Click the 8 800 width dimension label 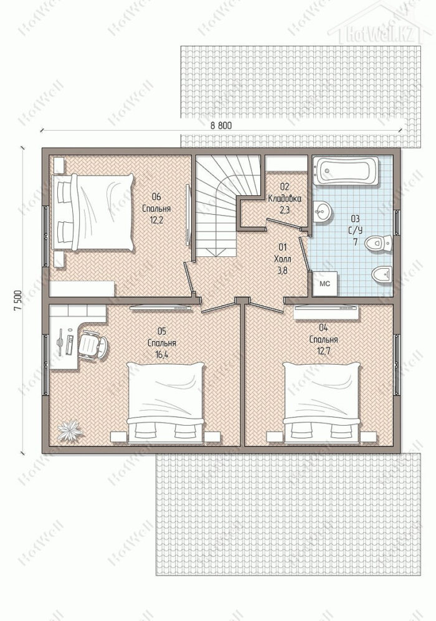coord(220,126)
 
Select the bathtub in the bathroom coord(346,171)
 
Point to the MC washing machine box coord(325,284)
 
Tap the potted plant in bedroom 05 coord(70,431)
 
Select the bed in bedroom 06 coord(94,212)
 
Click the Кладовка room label coord(284,199)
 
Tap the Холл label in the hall coord(282,259)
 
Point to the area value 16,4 coord(162,355)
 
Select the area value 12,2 coord(156,220)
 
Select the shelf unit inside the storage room coord(286,163)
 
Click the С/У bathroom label coord(355,230)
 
